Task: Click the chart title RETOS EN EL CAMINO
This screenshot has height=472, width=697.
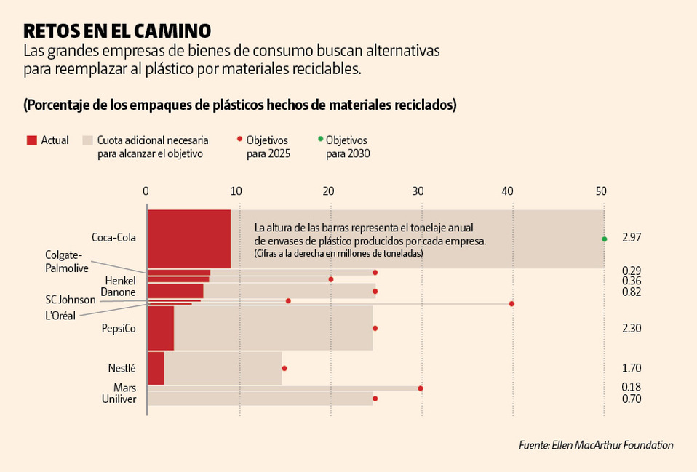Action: [117, 31]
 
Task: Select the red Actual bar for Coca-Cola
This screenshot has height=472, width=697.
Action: [189, 239]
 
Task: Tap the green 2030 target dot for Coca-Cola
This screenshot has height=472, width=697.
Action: [604, 239]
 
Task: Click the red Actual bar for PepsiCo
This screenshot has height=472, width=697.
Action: [161, 328]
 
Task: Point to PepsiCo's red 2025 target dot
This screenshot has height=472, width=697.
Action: [375, 328]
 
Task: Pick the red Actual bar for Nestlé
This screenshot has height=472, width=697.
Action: [156, 368]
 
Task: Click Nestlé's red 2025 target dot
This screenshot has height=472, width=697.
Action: [284, 368]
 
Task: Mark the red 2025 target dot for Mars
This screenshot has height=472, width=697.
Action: [421, 388]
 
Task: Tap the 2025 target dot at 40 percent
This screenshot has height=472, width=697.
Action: [511, 303]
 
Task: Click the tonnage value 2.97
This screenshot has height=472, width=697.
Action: [632, 238]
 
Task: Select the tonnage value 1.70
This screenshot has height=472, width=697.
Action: [632, 368]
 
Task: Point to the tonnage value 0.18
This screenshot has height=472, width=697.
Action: [632, 387]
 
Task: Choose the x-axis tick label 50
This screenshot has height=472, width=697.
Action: [601, 191]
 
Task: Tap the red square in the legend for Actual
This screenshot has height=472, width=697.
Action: [31, 140]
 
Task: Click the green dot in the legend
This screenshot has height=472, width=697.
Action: [319, 138]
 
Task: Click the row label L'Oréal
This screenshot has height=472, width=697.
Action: [60, 315]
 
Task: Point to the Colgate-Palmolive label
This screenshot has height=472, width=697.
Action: [67, 261]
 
